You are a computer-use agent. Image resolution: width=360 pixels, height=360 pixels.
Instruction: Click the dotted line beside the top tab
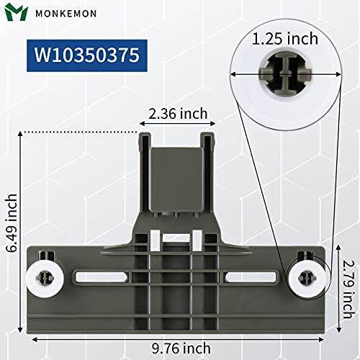click(x=79, y=132)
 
